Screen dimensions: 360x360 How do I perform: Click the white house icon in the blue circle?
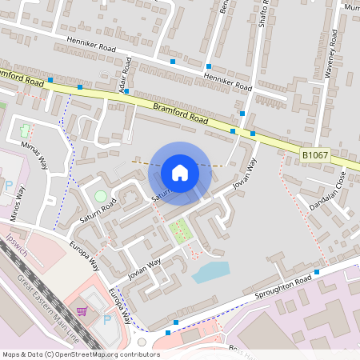(x=180, y=172)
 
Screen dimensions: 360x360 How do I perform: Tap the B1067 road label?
(x=315, y=154)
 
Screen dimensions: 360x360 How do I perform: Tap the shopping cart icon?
(x=82, y=311)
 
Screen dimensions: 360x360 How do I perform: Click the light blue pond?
(x=210, y=272)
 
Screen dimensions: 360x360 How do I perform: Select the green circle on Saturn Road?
(x=100, y=195)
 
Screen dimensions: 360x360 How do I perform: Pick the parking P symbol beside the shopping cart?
(x=107, y=318)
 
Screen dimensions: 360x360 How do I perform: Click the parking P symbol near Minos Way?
(x=8, y=186)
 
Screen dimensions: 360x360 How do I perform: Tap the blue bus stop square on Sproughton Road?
(x=317, y=272)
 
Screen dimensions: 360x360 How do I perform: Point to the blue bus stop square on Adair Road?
(x=126, y=91)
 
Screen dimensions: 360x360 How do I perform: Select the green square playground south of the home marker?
(x=180, y=232)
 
